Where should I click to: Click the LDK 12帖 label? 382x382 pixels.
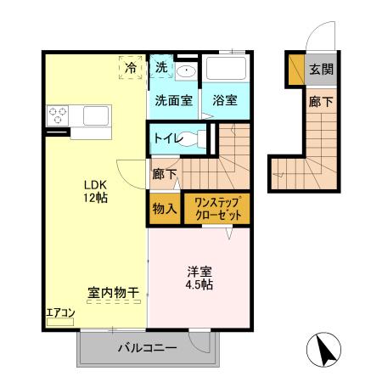[95, 192]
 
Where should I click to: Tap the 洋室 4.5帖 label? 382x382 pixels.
[200, 278]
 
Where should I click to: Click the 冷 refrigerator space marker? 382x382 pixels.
[132, 67]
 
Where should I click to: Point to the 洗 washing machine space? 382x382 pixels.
[161, 67]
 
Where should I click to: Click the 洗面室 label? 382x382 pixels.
[173, 99]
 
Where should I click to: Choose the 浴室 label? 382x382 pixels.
[225, 99]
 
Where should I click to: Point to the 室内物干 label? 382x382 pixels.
[113, 293]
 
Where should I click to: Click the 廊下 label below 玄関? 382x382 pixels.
[320, 100]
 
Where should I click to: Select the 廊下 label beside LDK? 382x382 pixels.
[165, 175]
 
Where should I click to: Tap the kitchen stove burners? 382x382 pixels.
[59, 114]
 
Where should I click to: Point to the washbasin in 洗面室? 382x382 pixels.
[188, 71]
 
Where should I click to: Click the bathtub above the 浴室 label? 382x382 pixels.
[226, 69]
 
